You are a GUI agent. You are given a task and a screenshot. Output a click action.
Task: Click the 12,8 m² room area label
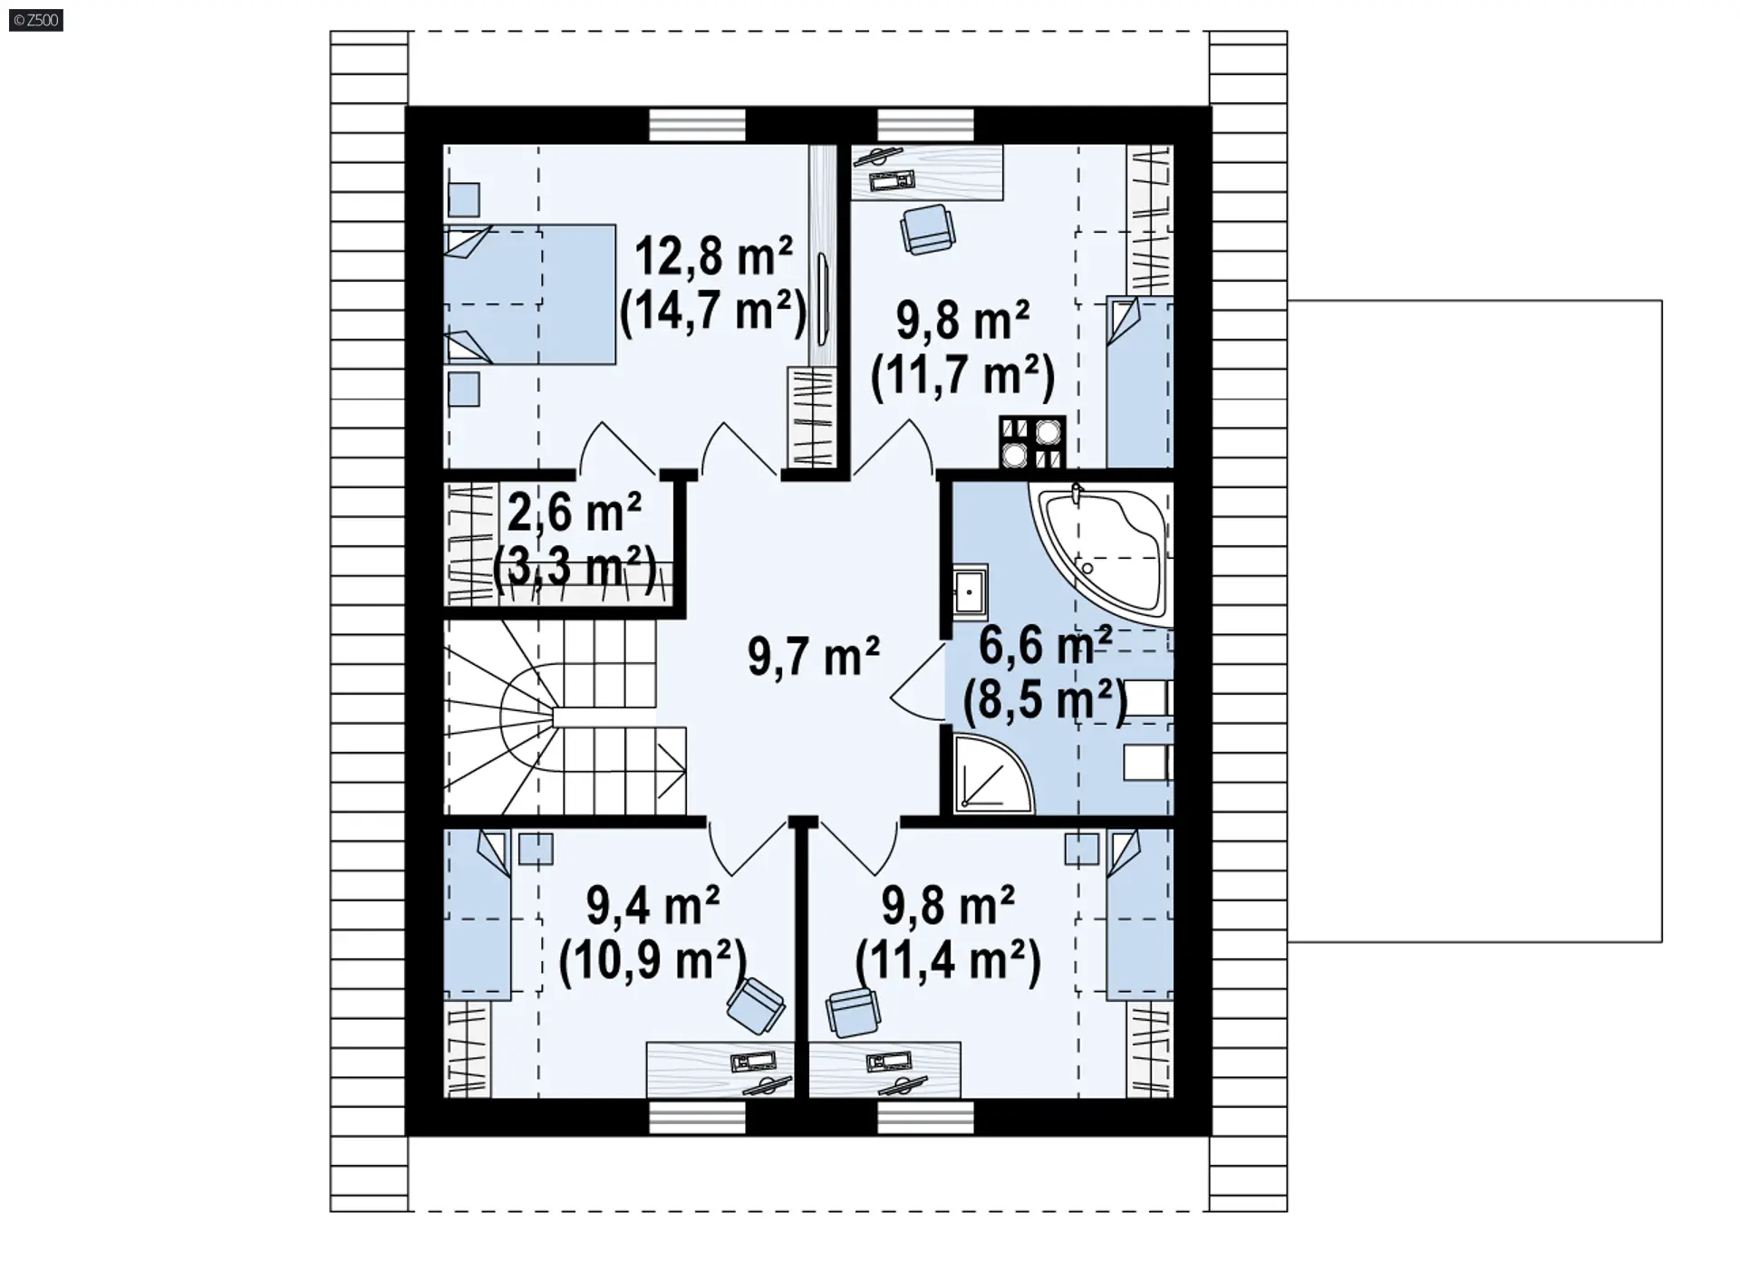tap(713, 256)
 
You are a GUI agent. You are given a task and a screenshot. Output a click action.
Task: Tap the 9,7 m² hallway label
tap(813, 656)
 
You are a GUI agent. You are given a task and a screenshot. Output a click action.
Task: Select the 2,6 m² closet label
tap(574, 513)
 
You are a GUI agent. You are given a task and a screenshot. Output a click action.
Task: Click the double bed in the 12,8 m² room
tap(530, 294)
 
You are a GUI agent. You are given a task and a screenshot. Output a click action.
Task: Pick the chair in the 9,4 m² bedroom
tap(755, 1005)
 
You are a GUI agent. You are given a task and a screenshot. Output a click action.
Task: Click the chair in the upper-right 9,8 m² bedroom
tap(927, 228)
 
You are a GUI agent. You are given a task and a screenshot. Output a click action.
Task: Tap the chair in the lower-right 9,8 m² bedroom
tap(853, 1012)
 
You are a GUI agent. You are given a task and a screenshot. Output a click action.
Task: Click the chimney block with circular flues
tap(1032, 442)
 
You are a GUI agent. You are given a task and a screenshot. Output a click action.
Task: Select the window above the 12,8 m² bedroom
tap(698, 125)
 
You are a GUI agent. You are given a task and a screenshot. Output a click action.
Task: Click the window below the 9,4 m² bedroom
tap(698, 1117)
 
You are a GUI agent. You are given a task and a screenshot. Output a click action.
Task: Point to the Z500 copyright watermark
tap(36, 20)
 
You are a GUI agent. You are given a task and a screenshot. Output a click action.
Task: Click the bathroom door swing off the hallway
tap(918, 683)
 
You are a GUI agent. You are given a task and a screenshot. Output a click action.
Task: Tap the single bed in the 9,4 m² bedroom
tap(478, 914)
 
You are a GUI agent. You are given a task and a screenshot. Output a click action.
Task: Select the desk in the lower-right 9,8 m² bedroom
tap(884, 1070)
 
